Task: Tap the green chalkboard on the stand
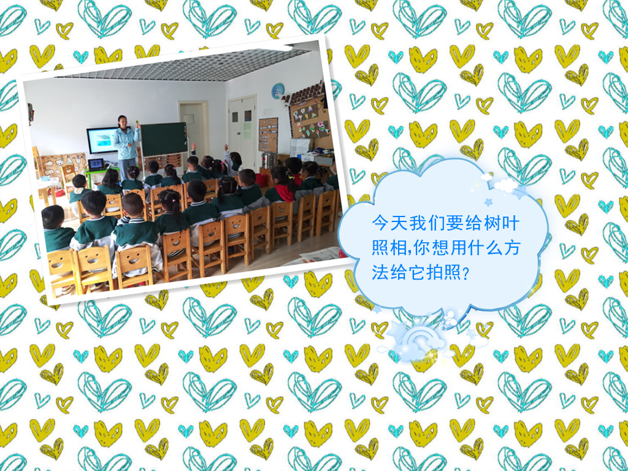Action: [x=164, y=139]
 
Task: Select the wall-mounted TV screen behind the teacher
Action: [x=102, y=140]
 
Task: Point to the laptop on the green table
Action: [x=96, y=164]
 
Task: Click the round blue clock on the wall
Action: [x=278, y=91]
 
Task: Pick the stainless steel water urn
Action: [x=269, y=160]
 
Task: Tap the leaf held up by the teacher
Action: [x=138, y=120]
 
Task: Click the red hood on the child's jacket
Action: [x=285, y=193]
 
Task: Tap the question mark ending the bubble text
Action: [x=465, y=274]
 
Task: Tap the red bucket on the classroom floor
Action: [x=261, y=180]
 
